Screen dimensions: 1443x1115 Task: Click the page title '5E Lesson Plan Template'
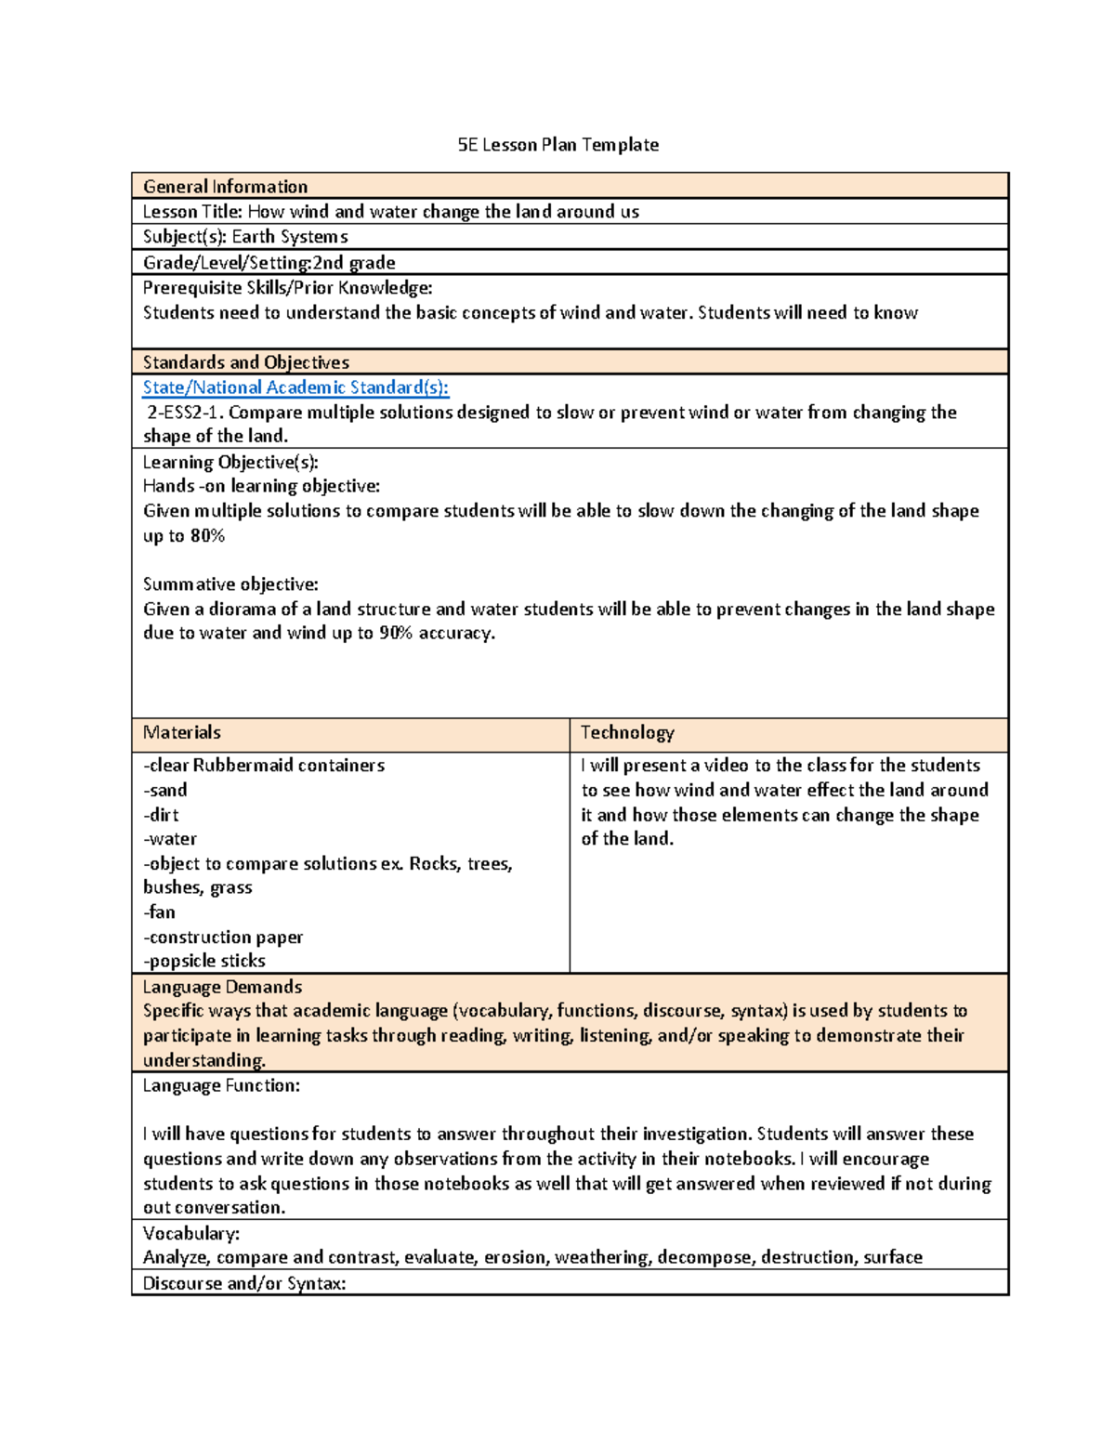pyautogui.click(x=557, y=145)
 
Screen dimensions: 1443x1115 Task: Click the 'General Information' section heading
pyautogui.click(x=225, y=187)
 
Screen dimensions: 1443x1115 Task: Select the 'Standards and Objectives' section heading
pyautogui.click(x=246, y=362)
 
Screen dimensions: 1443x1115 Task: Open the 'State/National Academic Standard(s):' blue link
pyautogui.click(x=295, y=387)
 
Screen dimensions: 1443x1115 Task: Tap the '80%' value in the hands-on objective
pyautogui.click(x=207, y=536)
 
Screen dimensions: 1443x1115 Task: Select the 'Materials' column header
pyautogui.click(x=182, y=733)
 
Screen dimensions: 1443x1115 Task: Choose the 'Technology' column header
pyautogui.click(x=627, y=733)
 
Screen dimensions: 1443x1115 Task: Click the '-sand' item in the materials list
pyautogui.click(x=165, y=791)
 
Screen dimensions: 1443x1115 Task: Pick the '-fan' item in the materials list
pyautogui.click(x=160, y=912)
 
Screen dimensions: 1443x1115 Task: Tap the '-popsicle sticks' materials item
pyautogui.click(x=204, y=962)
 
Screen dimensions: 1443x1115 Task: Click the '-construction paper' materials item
pyautogui.click(x=223, y=938)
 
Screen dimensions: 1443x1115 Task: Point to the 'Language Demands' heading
pyautogui.click(x=222, y=988)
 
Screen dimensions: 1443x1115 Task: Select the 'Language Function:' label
pyautogui.click(x=221, y=1086)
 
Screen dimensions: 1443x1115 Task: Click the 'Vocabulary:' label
pyautogui.click(x=191, y=1234)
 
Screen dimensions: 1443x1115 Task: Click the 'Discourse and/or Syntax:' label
pyautogui.click(x=244, y=1284)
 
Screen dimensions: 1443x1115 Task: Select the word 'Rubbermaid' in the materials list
pyautogui.click(x=243, y=766)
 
